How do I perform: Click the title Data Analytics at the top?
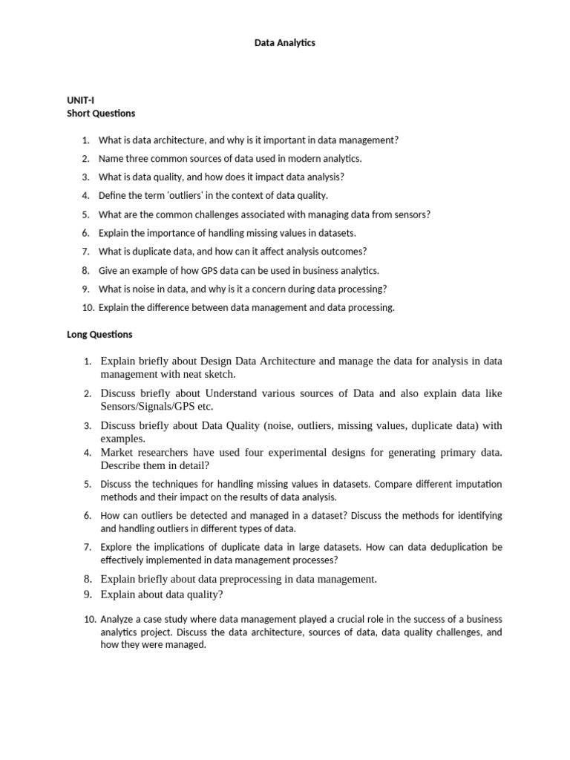coord(285,43)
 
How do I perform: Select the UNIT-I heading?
coord(80,99)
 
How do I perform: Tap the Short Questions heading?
coord(101,114)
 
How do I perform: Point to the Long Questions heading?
coord(99,335)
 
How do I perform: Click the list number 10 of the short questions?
coord(86,308)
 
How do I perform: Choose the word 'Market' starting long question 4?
coord(117,452)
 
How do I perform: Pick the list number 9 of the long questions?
coord(87,594)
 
